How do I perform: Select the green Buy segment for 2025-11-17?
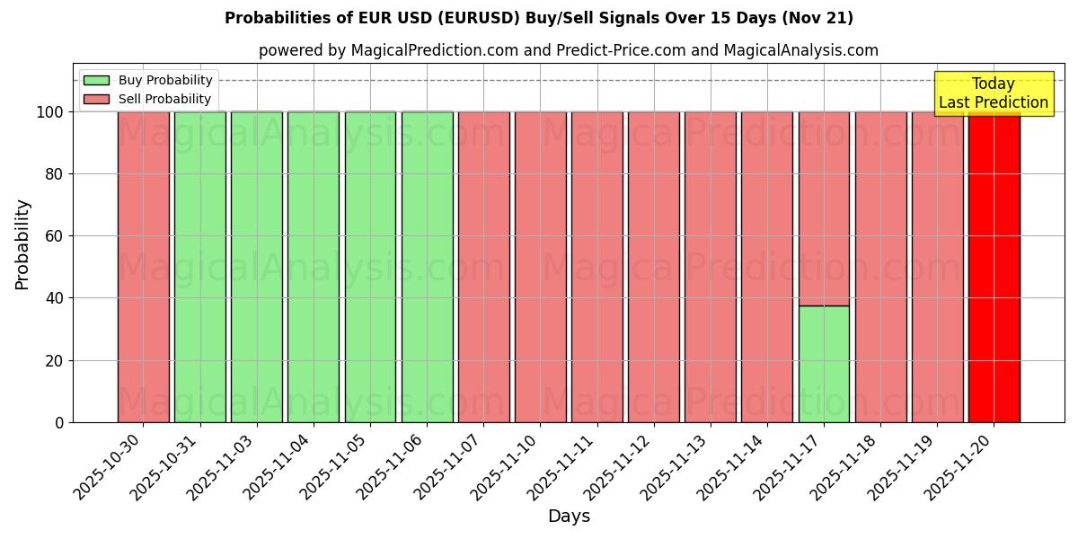824,364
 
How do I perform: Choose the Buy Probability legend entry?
147,80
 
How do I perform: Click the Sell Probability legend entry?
147,99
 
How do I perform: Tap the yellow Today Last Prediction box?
994,93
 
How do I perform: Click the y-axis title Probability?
22,243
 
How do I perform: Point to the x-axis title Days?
569,517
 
